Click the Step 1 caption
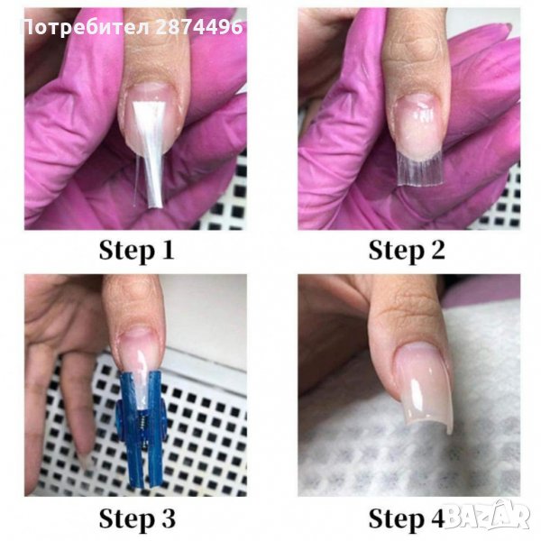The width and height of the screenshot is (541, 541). tap(137, 251)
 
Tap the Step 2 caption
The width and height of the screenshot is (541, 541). tap(407, 251)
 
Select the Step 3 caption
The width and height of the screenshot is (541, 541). tap(137, 518)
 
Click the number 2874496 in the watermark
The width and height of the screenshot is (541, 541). tap(199, 27)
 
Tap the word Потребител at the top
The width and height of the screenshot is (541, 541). tap(87, 28)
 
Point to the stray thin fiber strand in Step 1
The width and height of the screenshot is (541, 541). tap(137, 179)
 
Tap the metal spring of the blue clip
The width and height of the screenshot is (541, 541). tap(142, 426)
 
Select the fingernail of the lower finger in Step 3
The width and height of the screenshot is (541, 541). tap(85, 461)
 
